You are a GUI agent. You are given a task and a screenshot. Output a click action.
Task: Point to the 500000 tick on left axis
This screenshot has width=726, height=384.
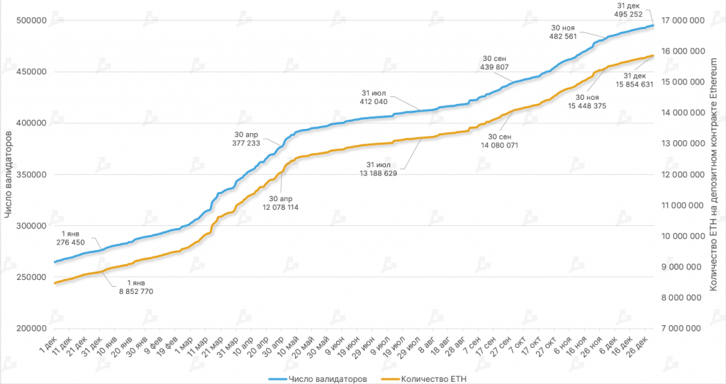click(x=31, y=21)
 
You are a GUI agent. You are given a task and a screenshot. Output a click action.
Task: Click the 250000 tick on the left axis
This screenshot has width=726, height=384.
click(x=31, y=277)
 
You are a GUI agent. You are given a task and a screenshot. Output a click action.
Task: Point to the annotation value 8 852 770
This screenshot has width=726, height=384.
click(x=136, y=291)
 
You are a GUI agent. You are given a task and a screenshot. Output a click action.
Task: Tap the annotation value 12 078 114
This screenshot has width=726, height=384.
click(x=281, y=208)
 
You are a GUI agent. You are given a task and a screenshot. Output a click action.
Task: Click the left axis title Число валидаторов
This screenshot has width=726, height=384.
click(x=9, y=175)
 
